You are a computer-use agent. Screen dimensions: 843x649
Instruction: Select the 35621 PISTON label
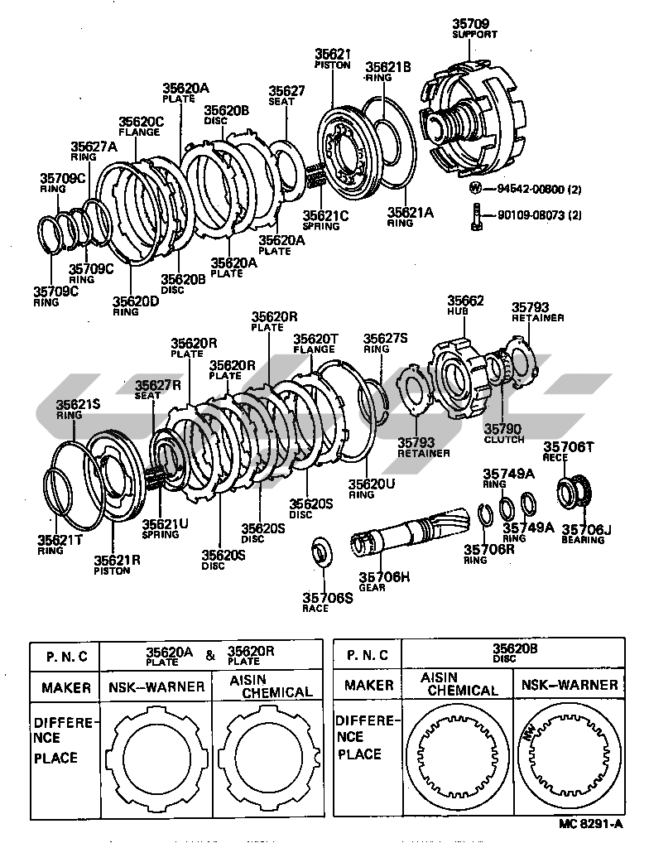pos(333,58)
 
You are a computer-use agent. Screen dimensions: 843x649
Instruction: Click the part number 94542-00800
pos(534,188)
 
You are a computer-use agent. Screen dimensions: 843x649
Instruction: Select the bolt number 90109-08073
pos(534,216)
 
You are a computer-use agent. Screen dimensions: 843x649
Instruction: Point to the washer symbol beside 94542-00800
pos(476,188)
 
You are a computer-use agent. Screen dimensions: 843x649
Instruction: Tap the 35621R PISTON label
pos(116,564)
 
